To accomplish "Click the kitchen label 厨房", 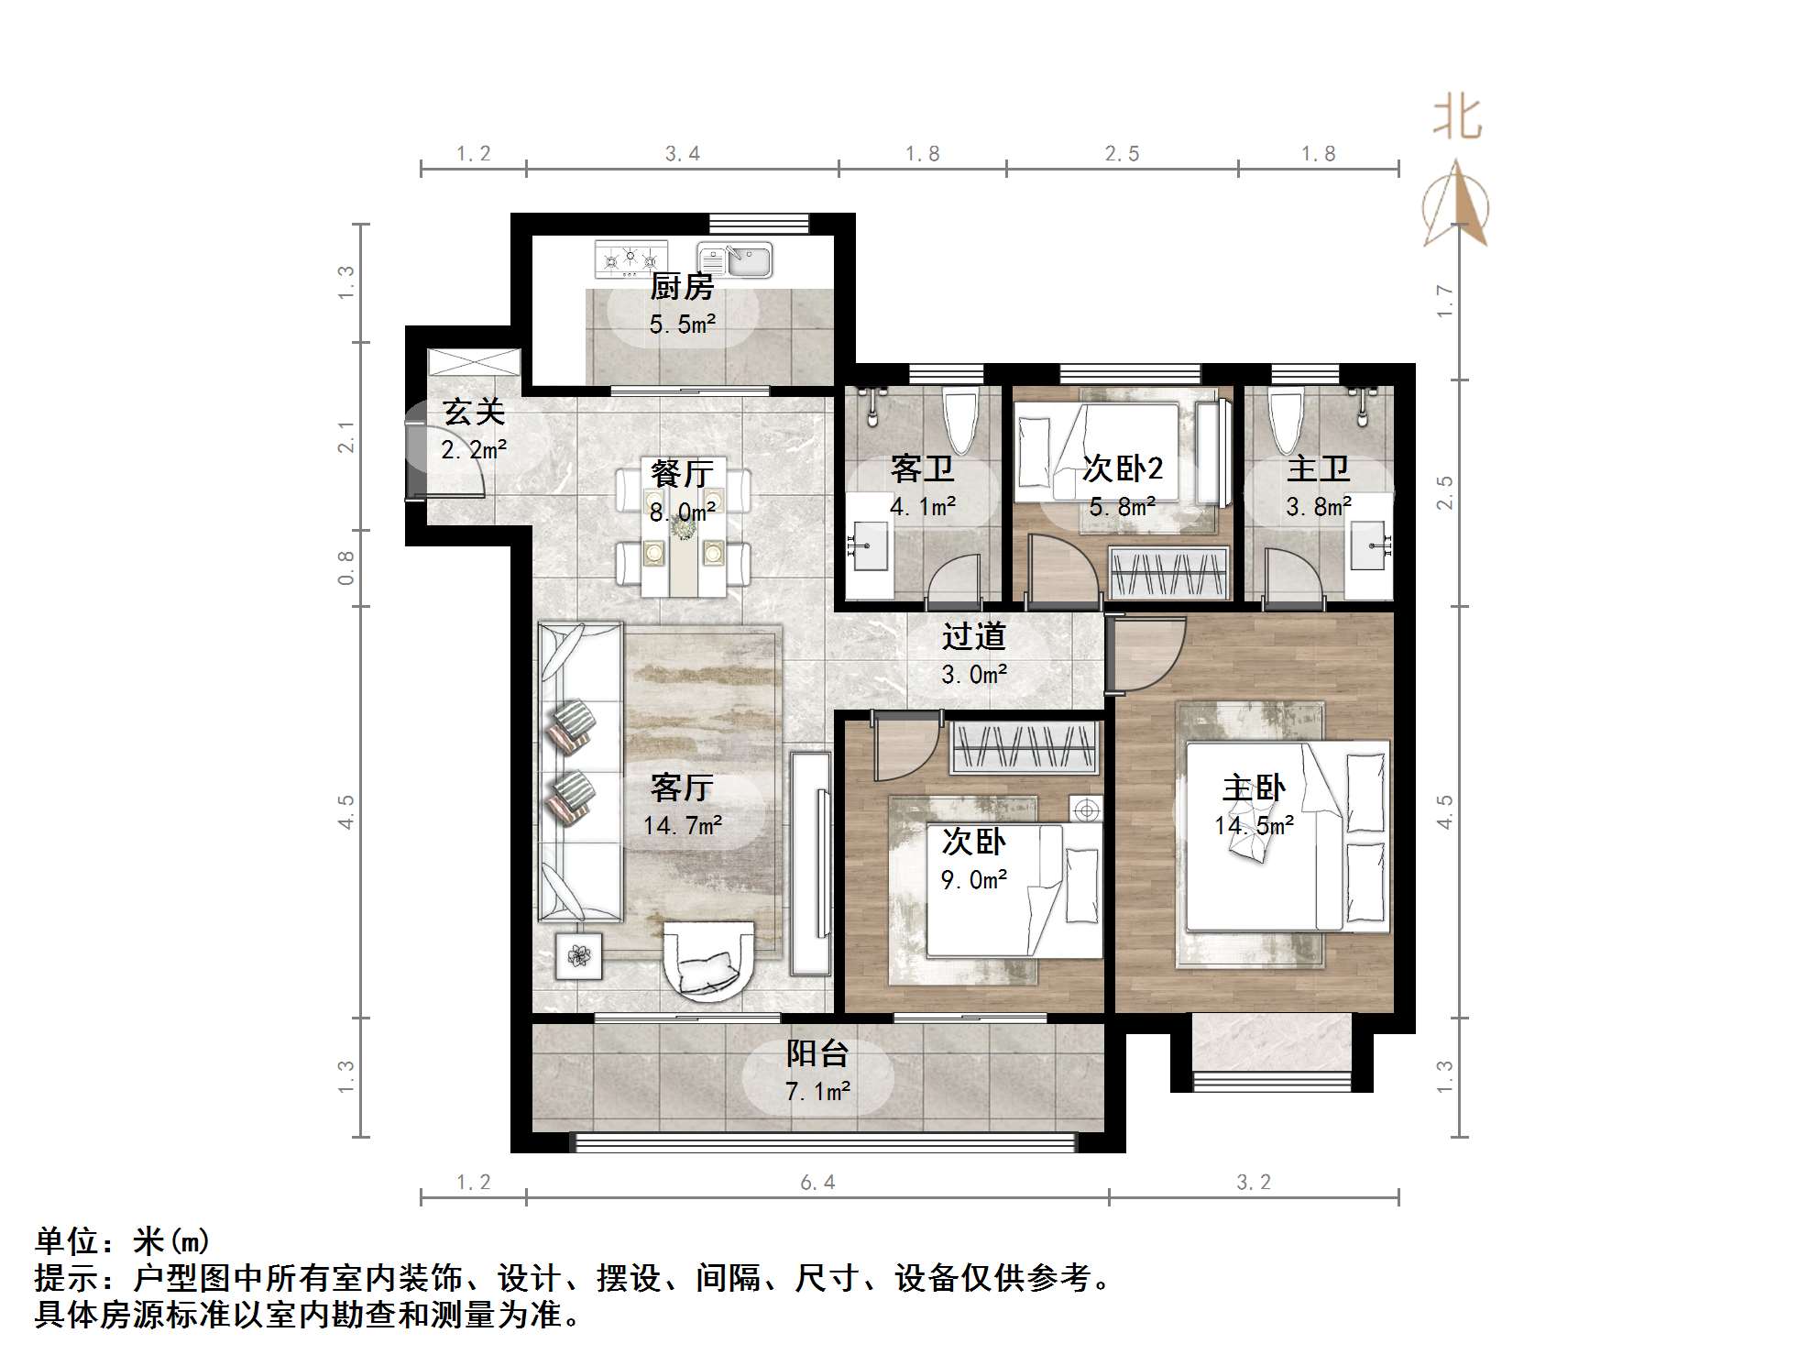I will coord(682,288).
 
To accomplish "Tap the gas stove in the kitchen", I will coord(630,259).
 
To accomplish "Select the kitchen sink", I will coord(735,259).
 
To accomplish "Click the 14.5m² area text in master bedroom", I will coord(1254,825).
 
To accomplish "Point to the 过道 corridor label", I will coord(973,636).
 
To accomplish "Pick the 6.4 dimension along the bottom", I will coord(817,1183).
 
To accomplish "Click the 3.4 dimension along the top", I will coord(682,154).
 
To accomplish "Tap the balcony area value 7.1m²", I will coord(817,1091).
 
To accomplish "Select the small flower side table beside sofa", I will coord(579,955).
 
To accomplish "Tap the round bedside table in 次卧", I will coord(1086,810).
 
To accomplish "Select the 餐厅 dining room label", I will coord(682,474).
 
